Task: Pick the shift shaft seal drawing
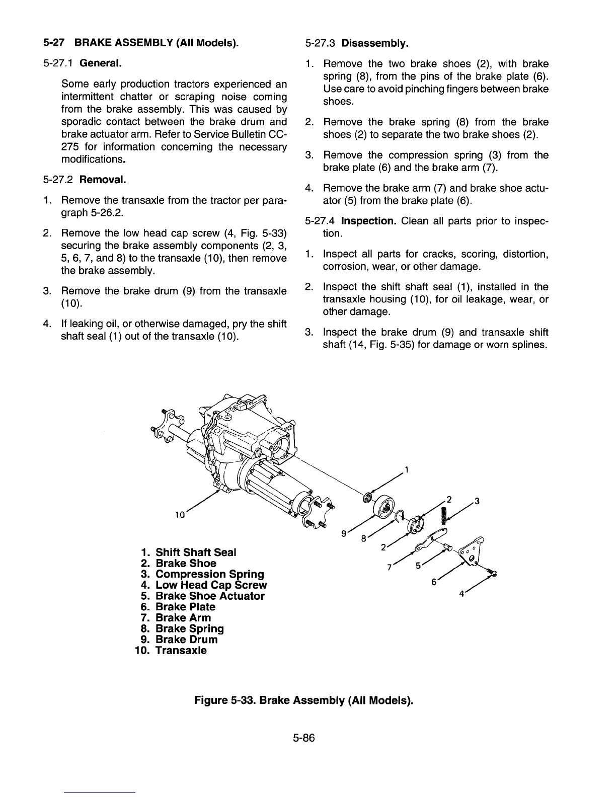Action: [x=368, y=498]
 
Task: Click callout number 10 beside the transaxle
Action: [x=180, y=515]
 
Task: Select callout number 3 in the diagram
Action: [x=477, y=501]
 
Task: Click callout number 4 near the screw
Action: [x=460, y=594]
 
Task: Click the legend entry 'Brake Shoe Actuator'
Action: [x=210, y=596]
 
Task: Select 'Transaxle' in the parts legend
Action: [x=181, y=651]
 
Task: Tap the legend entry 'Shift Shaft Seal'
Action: [x=196, y=552]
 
